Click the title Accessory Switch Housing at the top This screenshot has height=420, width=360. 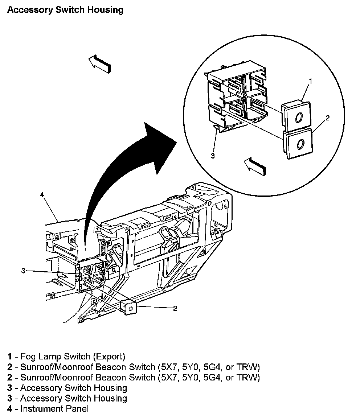65,10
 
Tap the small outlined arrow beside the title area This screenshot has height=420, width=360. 99,63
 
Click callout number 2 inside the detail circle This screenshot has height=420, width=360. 327,118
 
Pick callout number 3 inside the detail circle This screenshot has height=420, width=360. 213,156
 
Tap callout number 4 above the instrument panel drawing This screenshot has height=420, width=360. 42,195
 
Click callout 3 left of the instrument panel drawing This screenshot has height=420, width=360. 23,271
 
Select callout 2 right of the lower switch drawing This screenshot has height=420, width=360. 175,308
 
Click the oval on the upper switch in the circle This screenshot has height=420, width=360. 299,118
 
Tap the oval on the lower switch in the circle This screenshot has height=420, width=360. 300,144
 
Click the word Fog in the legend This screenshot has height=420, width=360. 28,356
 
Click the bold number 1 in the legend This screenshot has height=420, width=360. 10,356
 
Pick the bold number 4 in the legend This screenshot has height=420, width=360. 10,409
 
